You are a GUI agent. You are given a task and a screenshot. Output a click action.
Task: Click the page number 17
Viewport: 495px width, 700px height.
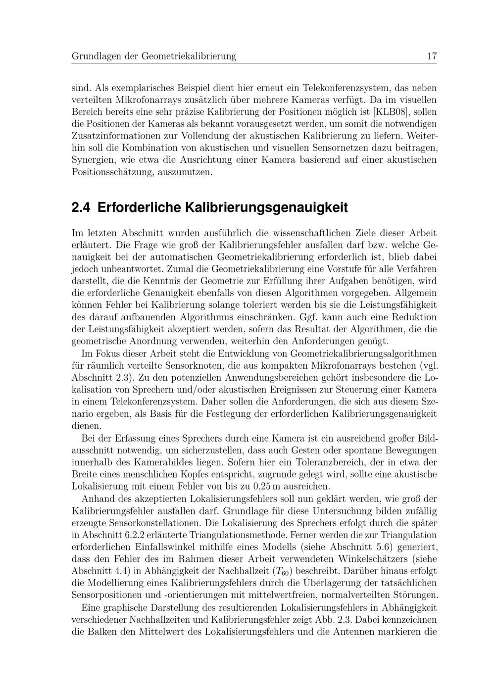432,56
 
